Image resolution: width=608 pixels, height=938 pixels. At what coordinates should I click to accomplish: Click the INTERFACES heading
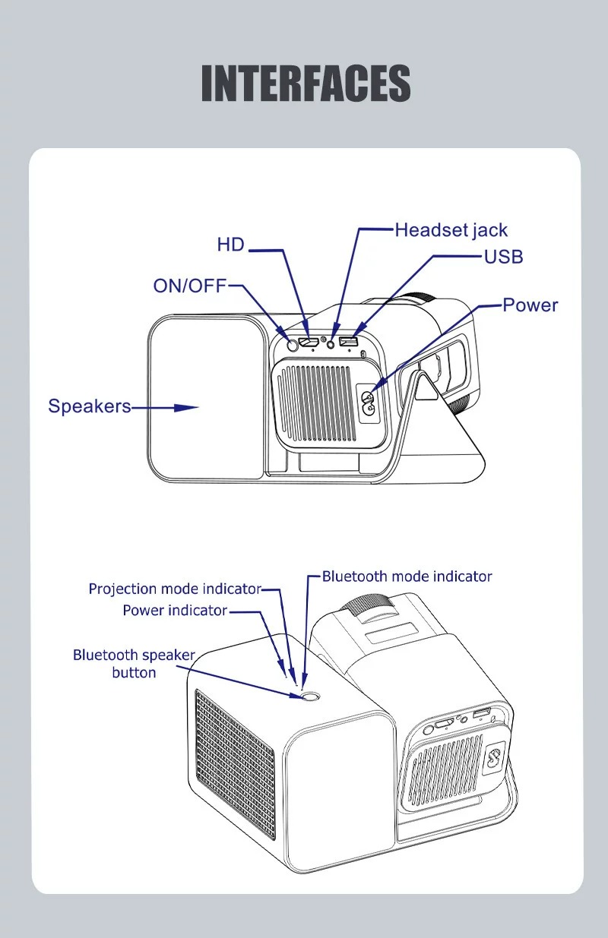[306, 84]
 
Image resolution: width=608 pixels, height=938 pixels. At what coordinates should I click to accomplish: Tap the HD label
[231, 245]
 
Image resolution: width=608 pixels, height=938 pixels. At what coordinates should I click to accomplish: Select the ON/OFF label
[190, 286]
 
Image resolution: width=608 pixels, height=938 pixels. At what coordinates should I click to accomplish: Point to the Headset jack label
[451, 230]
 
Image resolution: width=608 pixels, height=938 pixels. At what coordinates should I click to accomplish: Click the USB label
[504, 257]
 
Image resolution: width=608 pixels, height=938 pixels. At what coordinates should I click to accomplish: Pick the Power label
[530, 305]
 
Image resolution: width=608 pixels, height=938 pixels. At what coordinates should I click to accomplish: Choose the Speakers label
[90, 406]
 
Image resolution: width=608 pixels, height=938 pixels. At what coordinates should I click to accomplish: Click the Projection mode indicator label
[175, 589]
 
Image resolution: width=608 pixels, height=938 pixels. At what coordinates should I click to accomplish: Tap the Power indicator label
[175, 611]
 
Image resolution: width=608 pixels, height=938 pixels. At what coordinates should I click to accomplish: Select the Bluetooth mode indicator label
[407, 576]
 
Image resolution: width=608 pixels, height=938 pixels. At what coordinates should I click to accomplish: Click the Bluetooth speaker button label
[134, 663]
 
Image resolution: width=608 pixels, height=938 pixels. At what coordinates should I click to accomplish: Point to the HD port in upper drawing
[309, 343]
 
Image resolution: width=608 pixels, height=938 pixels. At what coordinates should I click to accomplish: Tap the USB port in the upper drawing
[349, 341]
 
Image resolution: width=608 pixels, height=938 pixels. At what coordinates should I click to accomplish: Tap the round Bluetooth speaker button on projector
[309, 696]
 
